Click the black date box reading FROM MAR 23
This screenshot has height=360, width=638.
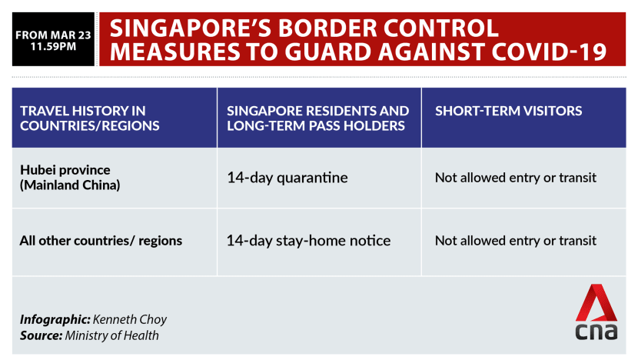pos(53,39)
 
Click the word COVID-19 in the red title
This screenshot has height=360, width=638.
pos(550,52)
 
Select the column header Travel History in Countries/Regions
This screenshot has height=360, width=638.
pos(89,118)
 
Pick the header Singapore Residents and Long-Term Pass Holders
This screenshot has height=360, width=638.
pos(317,118)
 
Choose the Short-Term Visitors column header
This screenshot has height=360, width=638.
pos(509,111)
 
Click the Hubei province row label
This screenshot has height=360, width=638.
pos(70,177)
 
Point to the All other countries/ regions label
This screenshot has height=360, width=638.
pos(101,241)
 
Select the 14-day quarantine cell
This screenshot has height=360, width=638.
pos(287,178)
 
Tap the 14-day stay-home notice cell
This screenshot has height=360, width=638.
pos(308,241)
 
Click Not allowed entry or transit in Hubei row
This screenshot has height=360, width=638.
pos(516,178)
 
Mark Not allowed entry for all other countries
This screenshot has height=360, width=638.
pos(516,241)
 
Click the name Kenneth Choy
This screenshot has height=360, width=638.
pos(130,320)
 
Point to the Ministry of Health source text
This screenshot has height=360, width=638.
pos(112,335)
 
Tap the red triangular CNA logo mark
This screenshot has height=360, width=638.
pos(596,303)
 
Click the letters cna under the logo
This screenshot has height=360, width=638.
pos(596,332)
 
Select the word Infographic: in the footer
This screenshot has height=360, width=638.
pos(55,320)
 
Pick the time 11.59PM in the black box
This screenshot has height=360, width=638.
pos(53,46)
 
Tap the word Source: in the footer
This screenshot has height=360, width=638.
pos(41,335)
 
